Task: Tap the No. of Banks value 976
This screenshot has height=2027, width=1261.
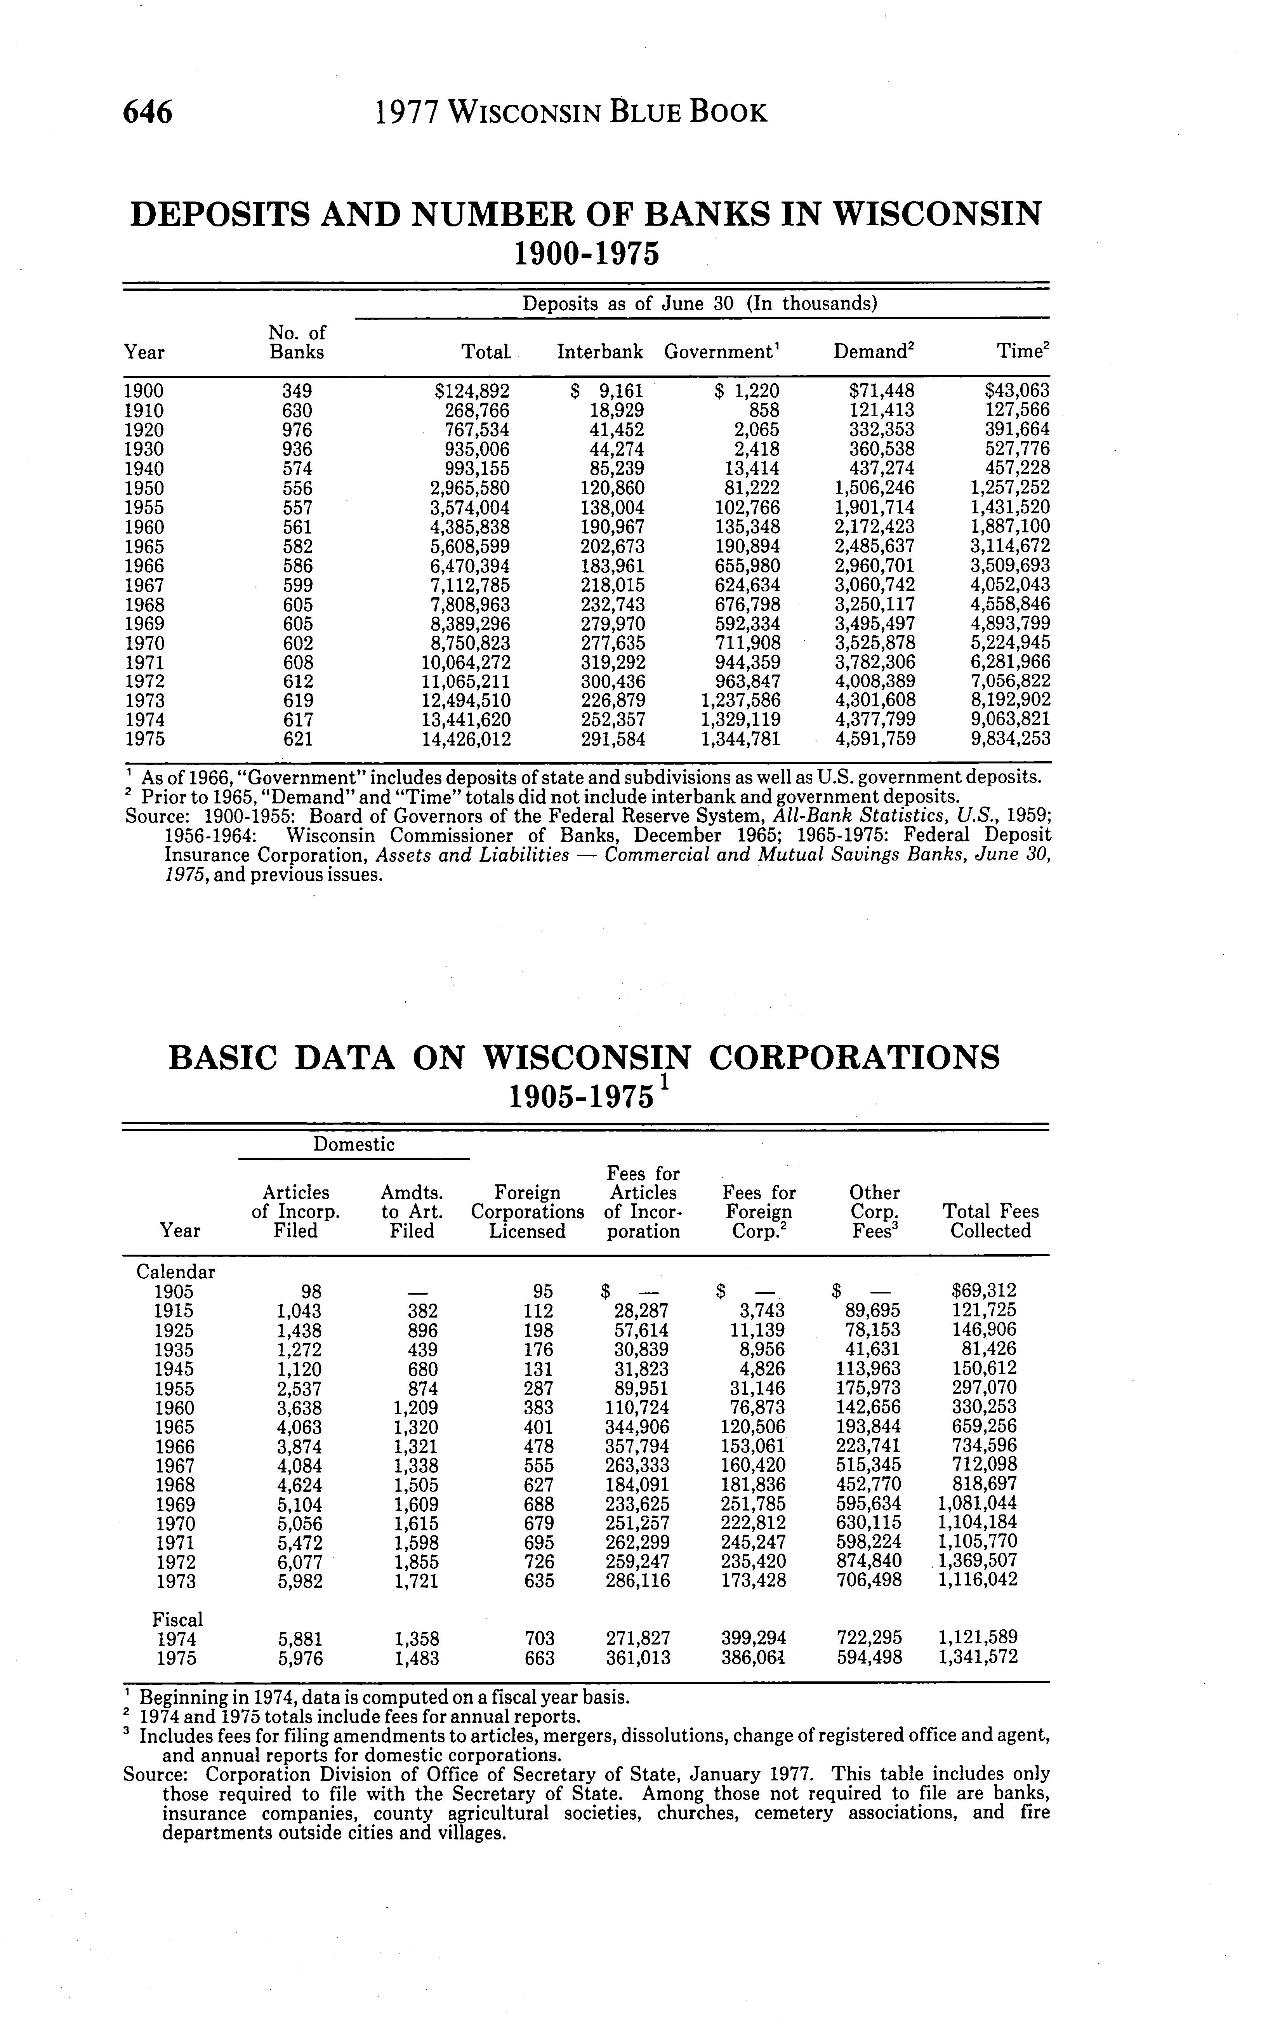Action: (x=297, y=430)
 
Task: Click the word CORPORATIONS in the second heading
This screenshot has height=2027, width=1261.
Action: (x=854, y=1058)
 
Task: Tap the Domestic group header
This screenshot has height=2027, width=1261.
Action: (x=354, y=1144)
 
